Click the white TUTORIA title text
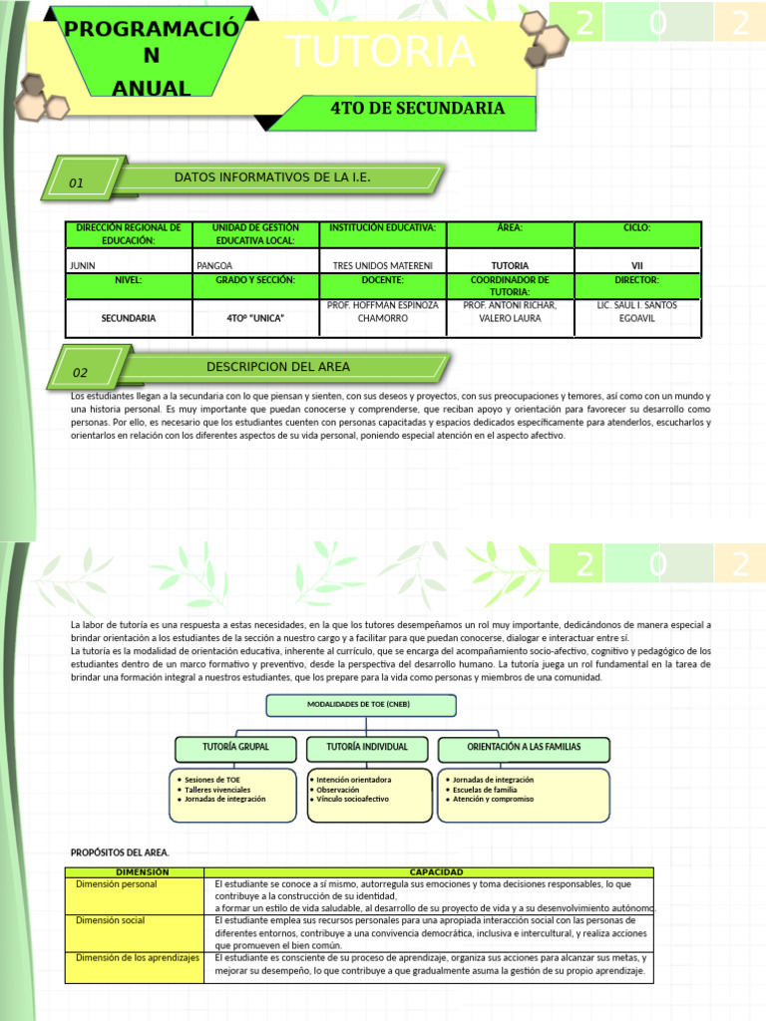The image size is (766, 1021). [379, 53]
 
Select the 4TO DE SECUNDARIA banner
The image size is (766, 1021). [417, 109]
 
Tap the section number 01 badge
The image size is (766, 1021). [77, 182]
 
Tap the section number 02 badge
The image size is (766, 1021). [81, 373]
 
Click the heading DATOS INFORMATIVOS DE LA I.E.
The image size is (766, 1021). [272, 177]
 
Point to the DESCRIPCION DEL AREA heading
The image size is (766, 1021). [278, 367]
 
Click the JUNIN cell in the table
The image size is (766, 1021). [82, 266]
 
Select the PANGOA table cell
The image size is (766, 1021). [214, 266]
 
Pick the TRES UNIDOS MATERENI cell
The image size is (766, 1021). [383, 266]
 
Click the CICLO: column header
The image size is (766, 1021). [636, 228]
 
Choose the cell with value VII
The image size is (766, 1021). [636, 266]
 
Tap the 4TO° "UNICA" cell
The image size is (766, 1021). [256, 318]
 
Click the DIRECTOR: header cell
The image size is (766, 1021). [636, 281]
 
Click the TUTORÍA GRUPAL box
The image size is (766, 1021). [235, 747]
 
